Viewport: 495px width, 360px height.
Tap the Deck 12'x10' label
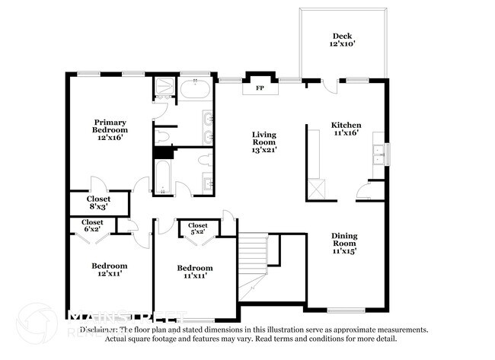(343, 40)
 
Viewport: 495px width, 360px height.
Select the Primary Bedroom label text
(110, 129)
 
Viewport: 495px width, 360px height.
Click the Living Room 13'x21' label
(264, 142)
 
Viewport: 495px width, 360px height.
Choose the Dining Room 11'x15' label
(344, 241)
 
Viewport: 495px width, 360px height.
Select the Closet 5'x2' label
(198, 228)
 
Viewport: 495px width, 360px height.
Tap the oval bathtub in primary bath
(196, 91)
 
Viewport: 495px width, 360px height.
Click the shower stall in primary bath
(163, 89)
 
